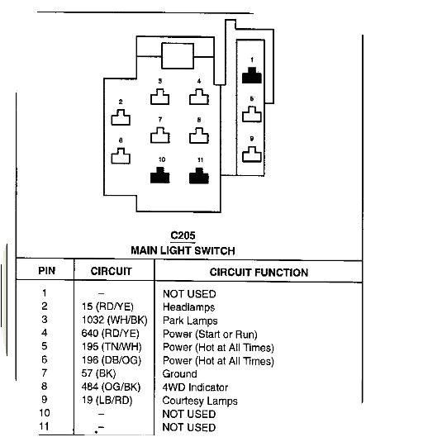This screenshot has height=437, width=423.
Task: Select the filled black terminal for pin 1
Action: [x=252, y=77]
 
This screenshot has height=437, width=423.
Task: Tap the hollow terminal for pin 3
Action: [x=159, y=97]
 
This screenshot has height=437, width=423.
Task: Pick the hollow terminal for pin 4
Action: [x=198, y=97]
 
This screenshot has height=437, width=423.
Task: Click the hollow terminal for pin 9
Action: [x=252, y=154]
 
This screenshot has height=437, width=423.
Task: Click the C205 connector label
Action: [x=183, y=236]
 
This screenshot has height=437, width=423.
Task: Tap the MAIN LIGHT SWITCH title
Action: [x=183, y=250]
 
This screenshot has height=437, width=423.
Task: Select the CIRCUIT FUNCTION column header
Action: [x=259, y=272]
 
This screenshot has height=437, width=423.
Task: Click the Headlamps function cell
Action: [x=189, y=307]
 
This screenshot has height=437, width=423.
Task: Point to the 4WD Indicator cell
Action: [x=197, y=387]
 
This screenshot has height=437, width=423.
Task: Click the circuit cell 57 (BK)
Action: [x=101, y=374]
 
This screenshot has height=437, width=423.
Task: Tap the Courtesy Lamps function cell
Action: [x=200, y=401]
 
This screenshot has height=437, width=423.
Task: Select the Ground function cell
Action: [x=181, y=374]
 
